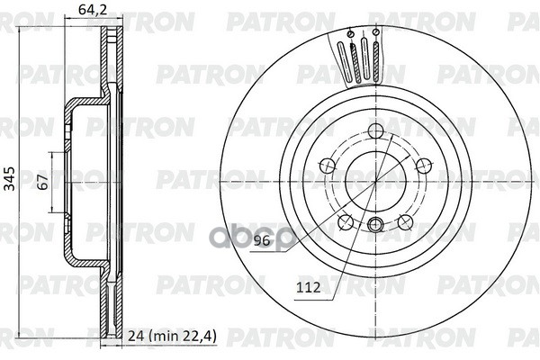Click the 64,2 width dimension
coord(87,12)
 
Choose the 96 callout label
coord(262,240)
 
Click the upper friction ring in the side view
coord(111,63)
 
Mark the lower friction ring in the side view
coord(111,301)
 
